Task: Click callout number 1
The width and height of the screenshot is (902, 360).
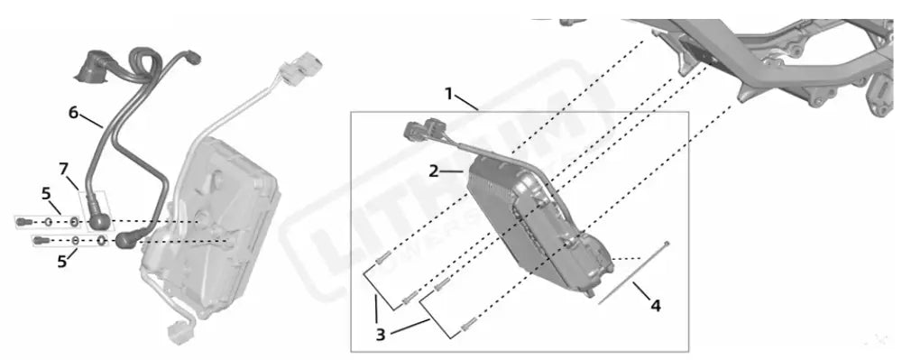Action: tap(448, 94)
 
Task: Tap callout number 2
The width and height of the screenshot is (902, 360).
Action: tap(434, 170)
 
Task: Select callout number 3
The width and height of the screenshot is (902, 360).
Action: tap(381, 334)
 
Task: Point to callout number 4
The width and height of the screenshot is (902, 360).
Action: tap(656, 306)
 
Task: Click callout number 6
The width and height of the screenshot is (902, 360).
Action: tap(73, 113)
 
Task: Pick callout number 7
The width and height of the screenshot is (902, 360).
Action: tap(63, 169)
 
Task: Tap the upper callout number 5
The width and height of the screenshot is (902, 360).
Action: tap(46, 192)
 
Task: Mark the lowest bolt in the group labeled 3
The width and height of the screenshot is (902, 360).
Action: tap(466, 323)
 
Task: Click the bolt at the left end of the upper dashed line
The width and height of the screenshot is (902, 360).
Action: tap(23, 221)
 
